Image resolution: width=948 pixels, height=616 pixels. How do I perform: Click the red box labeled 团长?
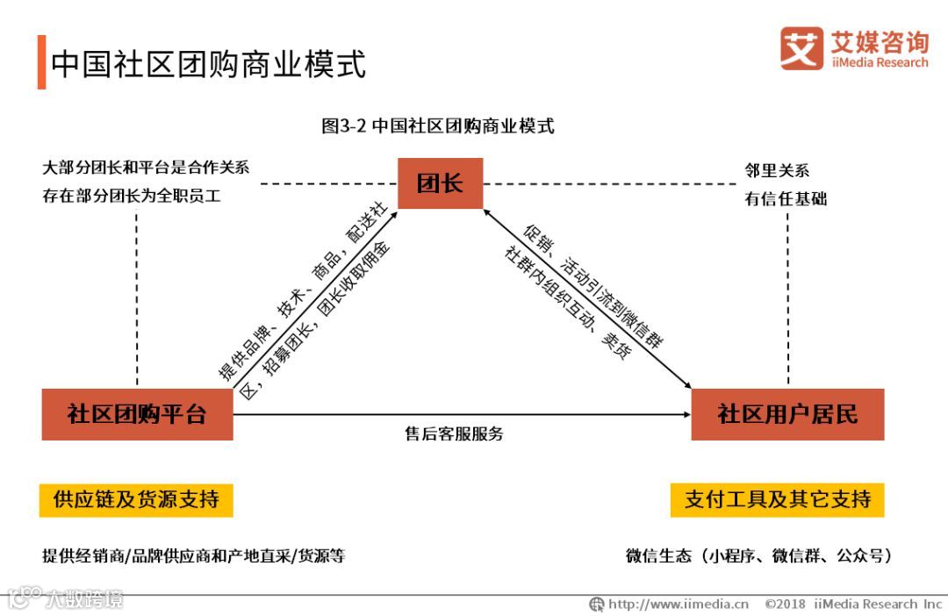440,183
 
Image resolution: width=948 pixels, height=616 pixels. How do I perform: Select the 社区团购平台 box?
137,414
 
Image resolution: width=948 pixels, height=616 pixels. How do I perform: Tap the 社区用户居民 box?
787,414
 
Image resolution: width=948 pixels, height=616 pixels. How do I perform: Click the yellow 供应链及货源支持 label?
136,500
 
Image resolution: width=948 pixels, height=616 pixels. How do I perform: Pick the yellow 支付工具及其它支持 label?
777,500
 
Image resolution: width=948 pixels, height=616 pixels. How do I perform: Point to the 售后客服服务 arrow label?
454,433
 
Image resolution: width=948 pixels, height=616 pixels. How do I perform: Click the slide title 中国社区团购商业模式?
208,64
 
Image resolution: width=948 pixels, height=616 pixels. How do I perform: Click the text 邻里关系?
776,170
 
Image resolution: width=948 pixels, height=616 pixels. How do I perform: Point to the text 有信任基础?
786,199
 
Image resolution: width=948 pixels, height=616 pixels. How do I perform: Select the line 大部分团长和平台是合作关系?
146,168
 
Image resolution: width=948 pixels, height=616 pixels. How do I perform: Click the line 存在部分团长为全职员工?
132,197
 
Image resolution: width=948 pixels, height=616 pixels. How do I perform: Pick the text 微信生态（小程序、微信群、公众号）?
758,555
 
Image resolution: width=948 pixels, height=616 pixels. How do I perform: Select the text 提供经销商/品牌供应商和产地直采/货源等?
194,555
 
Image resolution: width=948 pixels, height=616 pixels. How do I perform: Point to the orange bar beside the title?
41,62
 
